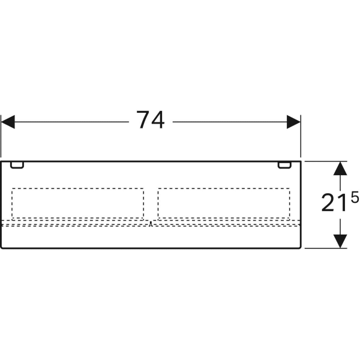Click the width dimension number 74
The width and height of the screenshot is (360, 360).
point(151,120)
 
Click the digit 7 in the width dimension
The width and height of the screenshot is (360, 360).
point(143,120)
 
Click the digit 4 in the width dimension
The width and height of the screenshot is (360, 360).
point(158,120)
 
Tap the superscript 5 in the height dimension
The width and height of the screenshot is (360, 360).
point(355,197)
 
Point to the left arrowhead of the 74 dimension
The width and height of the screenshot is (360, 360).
point(8,122)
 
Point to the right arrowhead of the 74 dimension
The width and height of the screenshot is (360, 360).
point(293,122)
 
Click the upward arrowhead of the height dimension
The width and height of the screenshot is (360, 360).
point(340,169)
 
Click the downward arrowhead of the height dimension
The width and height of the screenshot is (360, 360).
point(340,241)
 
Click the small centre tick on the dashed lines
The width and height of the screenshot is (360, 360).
point(151,224)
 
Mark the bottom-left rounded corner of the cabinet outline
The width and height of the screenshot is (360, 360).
point(1,248)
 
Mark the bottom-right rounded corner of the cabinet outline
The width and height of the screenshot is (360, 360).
point(300,248)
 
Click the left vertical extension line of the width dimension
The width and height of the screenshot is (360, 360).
point(1,136)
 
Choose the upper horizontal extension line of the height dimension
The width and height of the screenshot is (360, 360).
point(326,161)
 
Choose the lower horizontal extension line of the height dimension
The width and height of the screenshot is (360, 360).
point(326,248)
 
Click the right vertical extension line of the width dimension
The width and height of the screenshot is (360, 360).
point(301,136)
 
